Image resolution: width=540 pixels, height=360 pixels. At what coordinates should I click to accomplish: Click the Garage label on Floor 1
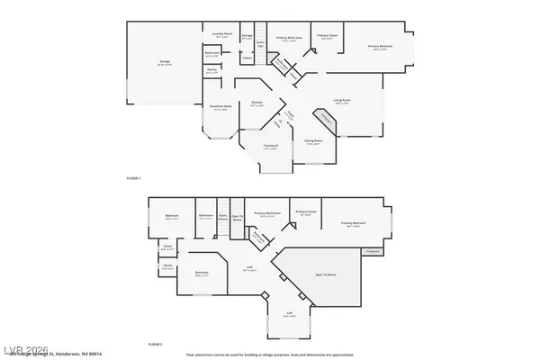(x=166, y=62)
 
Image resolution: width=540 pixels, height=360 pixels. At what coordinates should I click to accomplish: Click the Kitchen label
(x=256, y=103)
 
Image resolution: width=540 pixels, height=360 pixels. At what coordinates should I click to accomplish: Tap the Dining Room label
(x=313, y=140)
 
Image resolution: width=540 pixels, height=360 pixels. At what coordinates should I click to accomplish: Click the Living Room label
(x=342, y=102)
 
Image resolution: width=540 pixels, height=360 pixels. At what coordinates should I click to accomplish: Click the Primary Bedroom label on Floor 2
(x=353, y=223)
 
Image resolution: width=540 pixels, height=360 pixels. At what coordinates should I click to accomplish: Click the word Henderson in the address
(x=121, y=354)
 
